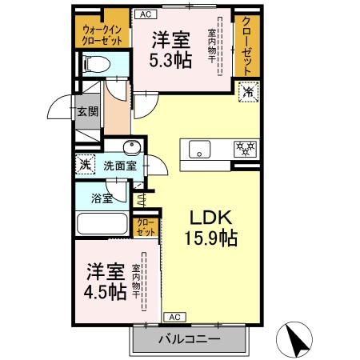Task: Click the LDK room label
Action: (x=211, y=216)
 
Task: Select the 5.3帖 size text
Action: (x=170, y=60)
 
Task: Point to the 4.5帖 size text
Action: (x=105, y=292)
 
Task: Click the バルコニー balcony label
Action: (x=188, y=340)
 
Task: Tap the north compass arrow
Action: (x=297, y=340)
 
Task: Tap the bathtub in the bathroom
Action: (x=101, y=226)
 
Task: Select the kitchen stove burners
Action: (x=244, y=148)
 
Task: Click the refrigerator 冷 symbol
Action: (x=248, y=93)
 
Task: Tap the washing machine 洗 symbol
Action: (x=86, y=165)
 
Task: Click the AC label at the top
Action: (x=146, y=14)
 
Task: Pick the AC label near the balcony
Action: (x=173, y=317)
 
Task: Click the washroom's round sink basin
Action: (x=132, y=146)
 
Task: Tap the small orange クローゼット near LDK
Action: (x=145, y=227)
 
